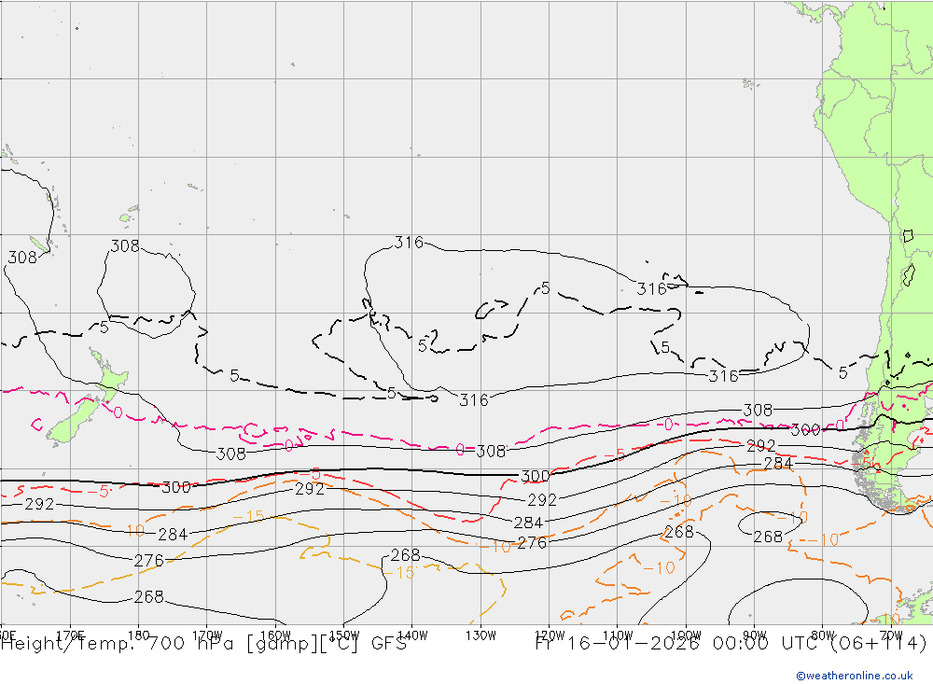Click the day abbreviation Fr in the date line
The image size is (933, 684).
[x=547, y=644]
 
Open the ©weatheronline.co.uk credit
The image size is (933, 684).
[x=854, y=676]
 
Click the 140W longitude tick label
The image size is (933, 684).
[x=411, y=635]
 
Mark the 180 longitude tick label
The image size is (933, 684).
[x=139, y=635]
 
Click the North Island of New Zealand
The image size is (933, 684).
[x=109, y=378]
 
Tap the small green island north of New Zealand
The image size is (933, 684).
[x=123, y=219]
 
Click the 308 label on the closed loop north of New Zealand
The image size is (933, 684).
[x=125, y=246]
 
